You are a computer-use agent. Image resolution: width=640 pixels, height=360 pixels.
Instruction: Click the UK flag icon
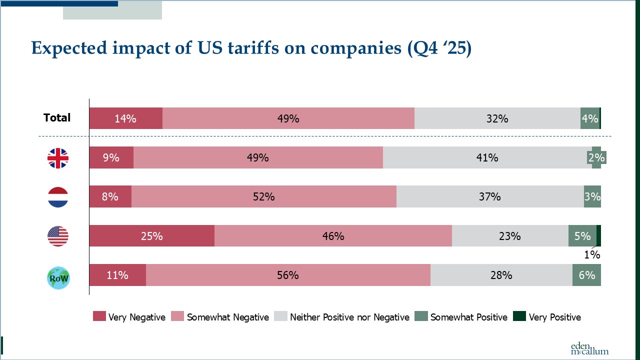[x=58, y=158]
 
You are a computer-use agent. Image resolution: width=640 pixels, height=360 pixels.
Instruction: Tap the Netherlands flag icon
[x=58, y=197]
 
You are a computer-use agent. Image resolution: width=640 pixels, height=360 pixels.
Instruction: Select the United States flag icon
[x=58, y=236]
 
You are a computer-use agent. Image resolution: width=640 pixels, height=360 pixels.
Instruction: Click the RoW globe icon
[x=58, y=278]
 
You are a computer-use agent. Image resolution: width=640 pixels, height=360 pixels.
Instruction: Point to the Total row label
[x=57, y=118]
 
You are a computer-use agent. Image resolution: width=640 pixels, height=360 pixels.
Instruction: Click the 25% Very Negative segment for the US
[x=151, y=236]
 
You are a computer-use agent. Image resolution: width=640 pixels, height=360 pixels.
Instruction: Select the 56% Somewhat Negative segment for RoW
[x=288, y=275]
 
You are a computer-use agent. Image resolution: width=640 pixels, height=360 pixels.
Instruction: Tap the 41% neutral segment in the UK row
[x=487, y=158]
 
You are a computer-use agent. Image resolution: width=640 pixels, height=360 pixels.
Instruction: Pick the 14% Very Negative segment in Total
[x=125, y=118]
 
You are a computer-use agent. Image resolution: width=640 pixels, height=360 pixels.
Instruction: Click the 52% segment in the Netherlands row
[x=263, y=197]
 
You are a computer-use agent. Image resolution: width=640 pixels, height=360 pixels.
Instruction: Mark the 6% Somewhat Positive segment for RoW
[x=586, y=275]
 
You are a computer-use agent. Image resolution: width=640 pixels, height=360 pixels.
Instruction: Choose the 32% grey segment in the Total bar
[x=497, y=118]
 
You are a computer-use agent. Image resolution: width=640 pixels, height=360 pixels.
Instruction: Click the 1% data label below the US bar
[x=592, y=255]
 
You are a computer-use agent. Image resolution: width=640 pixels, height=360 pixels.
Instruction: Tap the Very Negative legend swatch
[x=99, y=316]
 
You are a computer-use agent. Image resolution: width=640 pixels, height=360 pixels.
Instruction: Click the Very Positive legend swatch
[x=519, y=316]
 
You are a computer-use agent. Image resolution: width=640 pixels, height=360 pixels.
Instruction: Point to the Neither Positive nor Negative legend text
[x=349, y=317]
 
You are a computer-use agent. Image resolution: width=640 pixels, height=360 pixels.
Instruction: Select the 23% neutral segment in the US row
[x=509, y=236]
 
